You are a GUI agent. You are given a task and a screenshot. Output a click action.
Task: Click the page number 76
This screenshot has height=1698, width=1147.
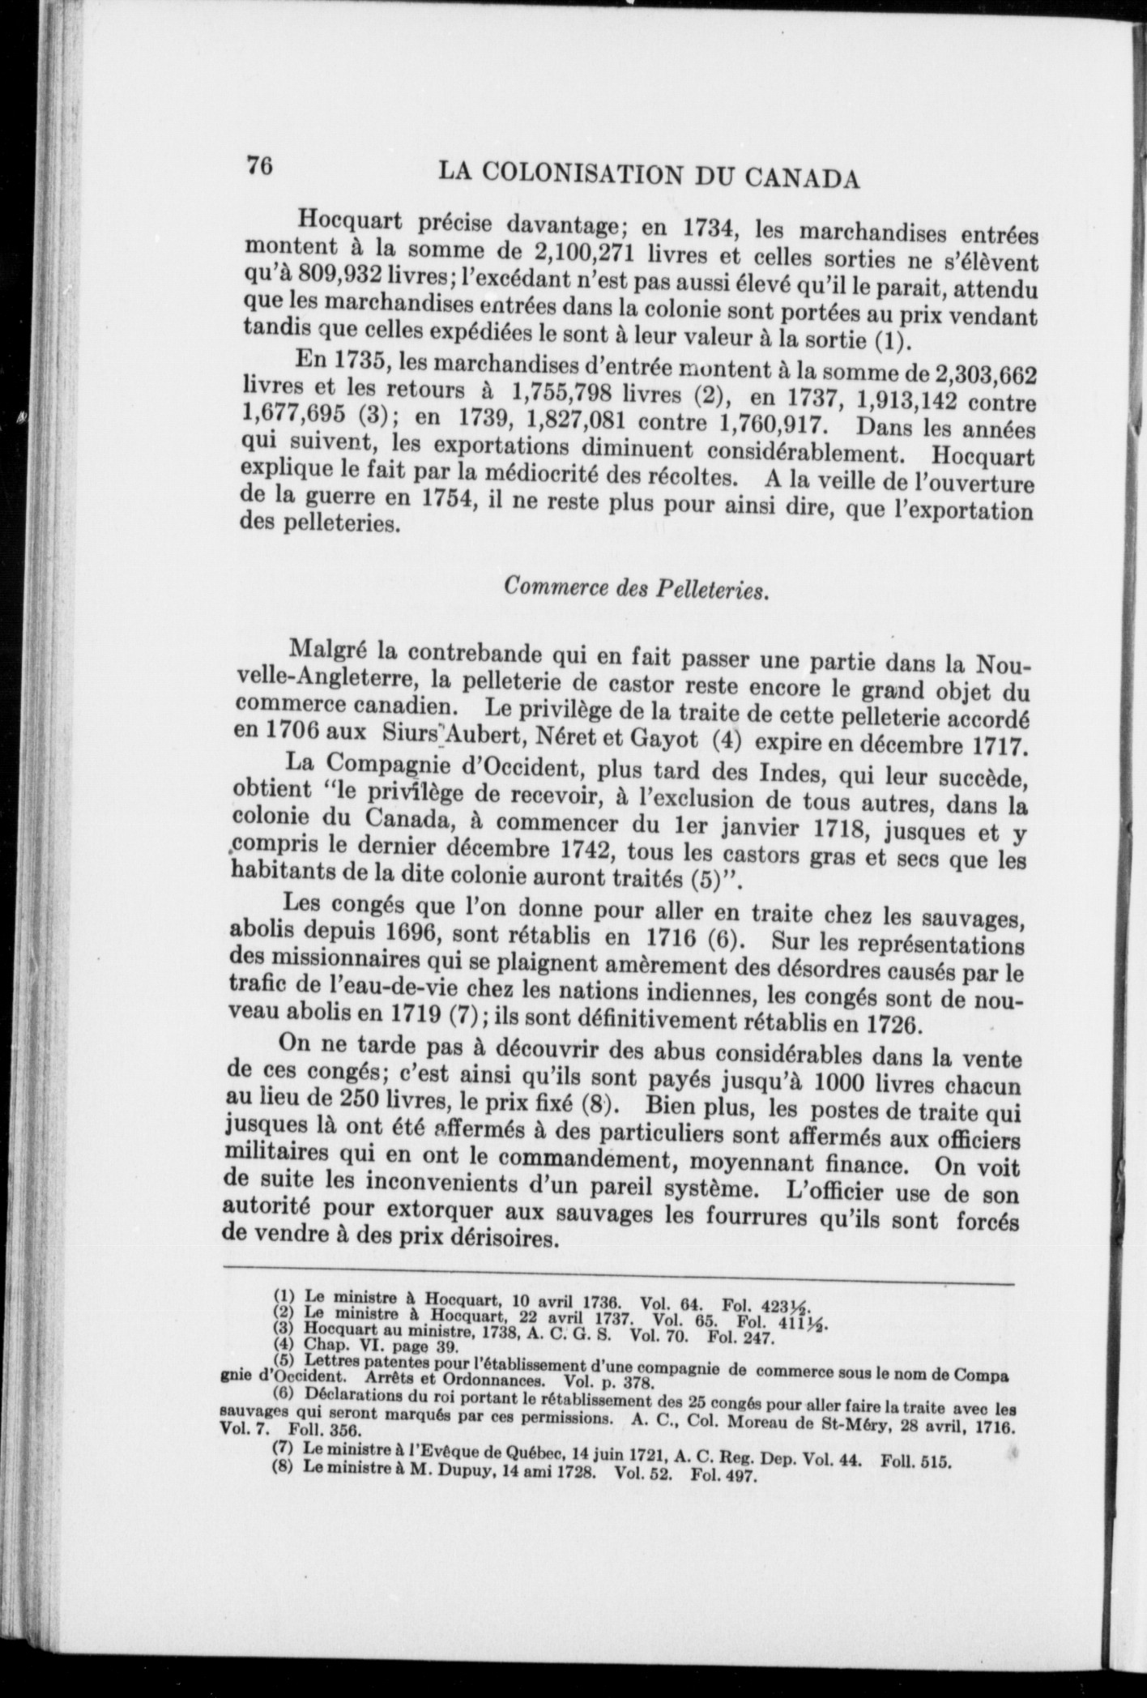pos(258,164)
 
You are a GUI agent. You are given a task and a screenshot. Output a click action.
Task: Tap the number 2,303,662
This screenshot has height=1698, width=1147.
pos(986,375)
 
